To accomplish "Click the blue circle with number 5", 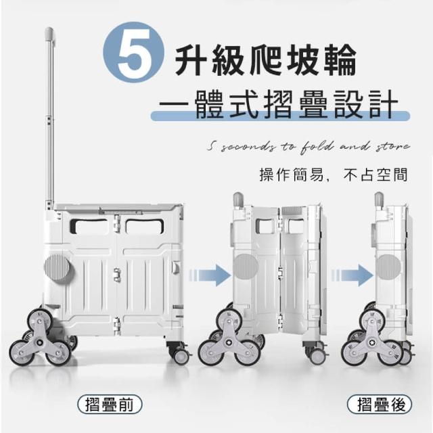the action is (x=134, y=53).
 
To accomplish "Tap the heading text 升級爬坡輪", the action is (x=266, y=60).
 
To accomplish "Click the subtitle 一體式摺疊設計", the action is (x=278, y=105).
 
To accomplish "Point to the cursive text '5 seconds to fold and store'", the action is (x=309, y=147).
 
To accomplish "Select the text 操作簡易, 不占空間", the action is (x=334, y=175).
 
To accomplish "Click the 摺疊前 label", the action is (x=110, y=405).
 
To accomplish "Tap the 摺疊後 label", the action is (x=380, y=405).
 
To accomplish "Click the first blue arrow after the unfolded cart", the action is (x=210, y=275).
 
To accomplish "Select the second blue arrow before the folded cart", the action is (x=352, y=275).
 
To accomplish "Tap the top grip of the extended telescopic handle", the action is (x=49, y=32).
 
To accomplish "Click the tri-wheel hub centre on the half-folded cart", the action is (x=229, y=342).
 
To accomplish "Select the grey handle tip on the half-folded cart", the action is (x=238, y=200).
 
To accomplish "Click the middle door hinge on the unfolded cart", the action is (x=117, y=275).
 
